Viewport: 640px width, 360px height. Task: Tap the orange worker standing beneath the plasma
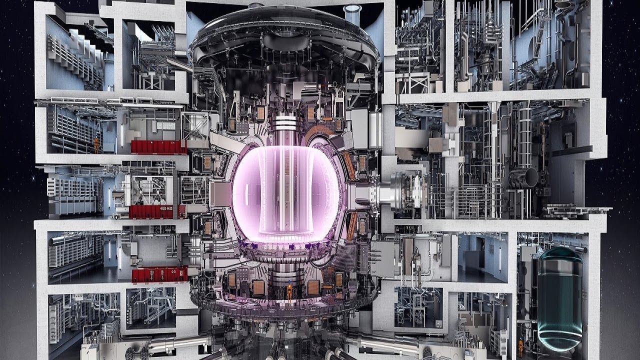click(x=289, y=294)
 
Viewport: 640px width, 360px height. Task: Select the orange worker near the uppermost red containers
click(x=96, y=145)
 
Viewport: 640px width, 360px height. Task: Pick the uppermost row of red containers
click(x=158, y=146)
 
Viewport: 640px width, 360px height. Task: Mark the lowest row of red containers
click(x=159, y=274)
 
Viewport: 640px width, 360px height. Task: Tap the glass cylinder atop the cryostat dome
click(x=352, y=13)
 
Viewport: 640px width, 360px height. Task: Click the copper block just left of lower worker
click(x=259, y=287)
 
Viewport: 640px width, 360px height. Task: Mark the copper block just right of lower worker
click(x=313, y=287)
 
